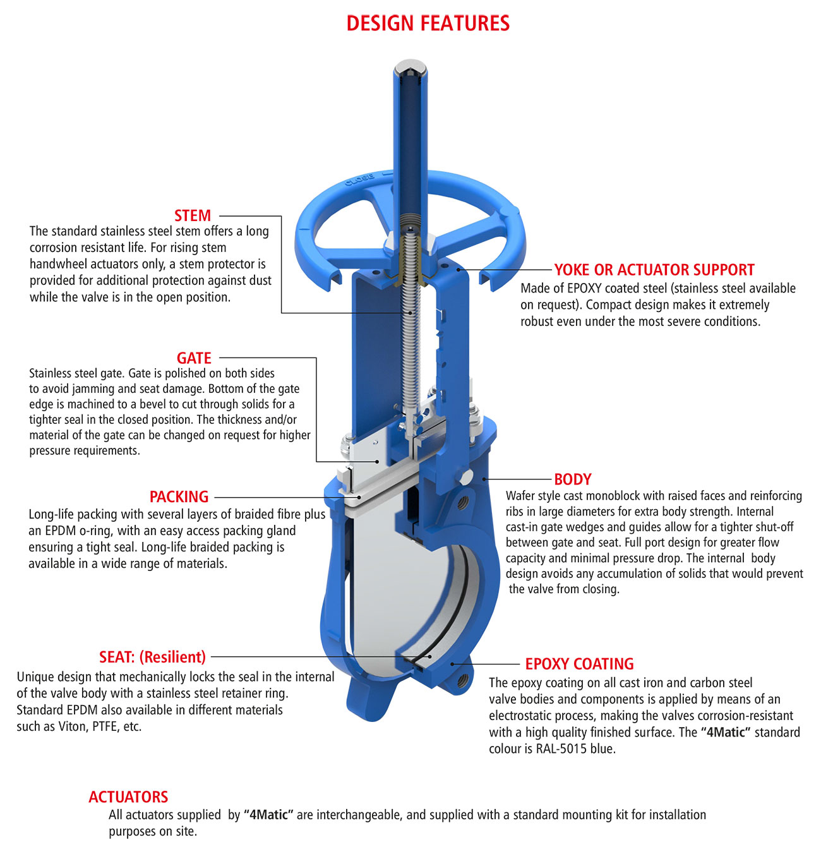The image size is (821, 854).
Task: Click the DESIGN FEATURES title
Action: [428, 23]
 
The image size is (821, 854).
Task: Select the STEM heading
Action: [193, 215]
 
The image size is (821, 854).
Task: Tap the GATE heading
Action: [194, 358]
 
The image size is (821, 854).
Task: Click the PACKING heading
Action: [179, 497]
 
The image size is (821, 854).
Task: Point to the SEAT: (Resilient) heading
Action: [152, 657]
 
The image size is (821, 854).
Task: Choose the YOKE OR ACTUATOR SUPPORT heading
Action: [654, 270]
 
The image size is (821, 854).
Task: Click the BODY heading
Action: [572, 479]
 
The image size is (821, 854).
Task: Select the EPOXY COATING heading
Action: [579, 664]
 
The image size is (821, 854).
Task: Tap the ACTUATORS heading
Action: [128, 797]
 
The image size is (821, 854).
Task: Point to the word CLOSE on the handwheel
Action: [359, 181]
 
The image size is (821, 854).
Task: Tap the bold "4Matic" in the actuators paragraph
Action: [269, 815]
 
